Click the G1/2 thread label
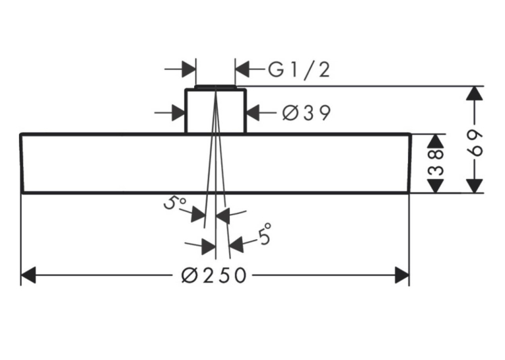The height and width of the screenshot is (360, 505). pos(299,70)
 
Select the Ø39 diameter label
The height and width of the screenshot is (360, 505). pos(306,113)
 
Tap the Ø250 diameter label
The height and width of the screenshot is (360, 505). pos(213,275)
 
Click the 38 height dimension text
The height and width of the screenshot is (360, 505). pos(436,162)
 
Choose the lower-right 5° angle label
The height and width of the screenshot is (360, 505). pos(265,234)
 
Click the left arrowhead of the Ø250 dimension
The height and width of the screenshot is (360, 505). pos(28,275)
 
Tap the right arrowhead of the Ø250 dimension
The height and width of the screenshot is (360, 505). pos(402,275)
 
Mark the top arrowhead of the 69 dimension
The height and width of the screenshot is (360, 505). pos(475,94)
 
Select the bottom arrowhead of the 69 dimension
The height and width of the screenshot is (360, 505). pos(475,186)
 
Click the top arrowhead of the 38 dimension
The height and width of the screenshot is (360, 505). pos(436,141)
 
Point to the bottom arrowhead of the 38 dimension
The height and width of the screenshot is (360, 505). pos(436,186)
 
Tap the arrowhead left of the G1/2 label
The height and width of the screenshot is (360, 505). pos(243,69)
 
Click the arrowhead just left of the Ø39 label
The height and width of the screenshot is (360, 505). pos(253,113)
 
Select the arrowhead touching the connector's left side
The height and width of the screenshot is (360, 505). pos(178,113)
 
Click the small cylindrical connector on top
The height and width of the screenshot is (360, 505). pos(215,110)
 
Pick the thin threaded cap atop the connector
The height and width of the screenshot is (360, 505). pos(215,87)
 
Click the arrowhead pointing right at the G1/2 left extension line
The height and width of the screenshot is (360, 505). pos(189,69)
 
